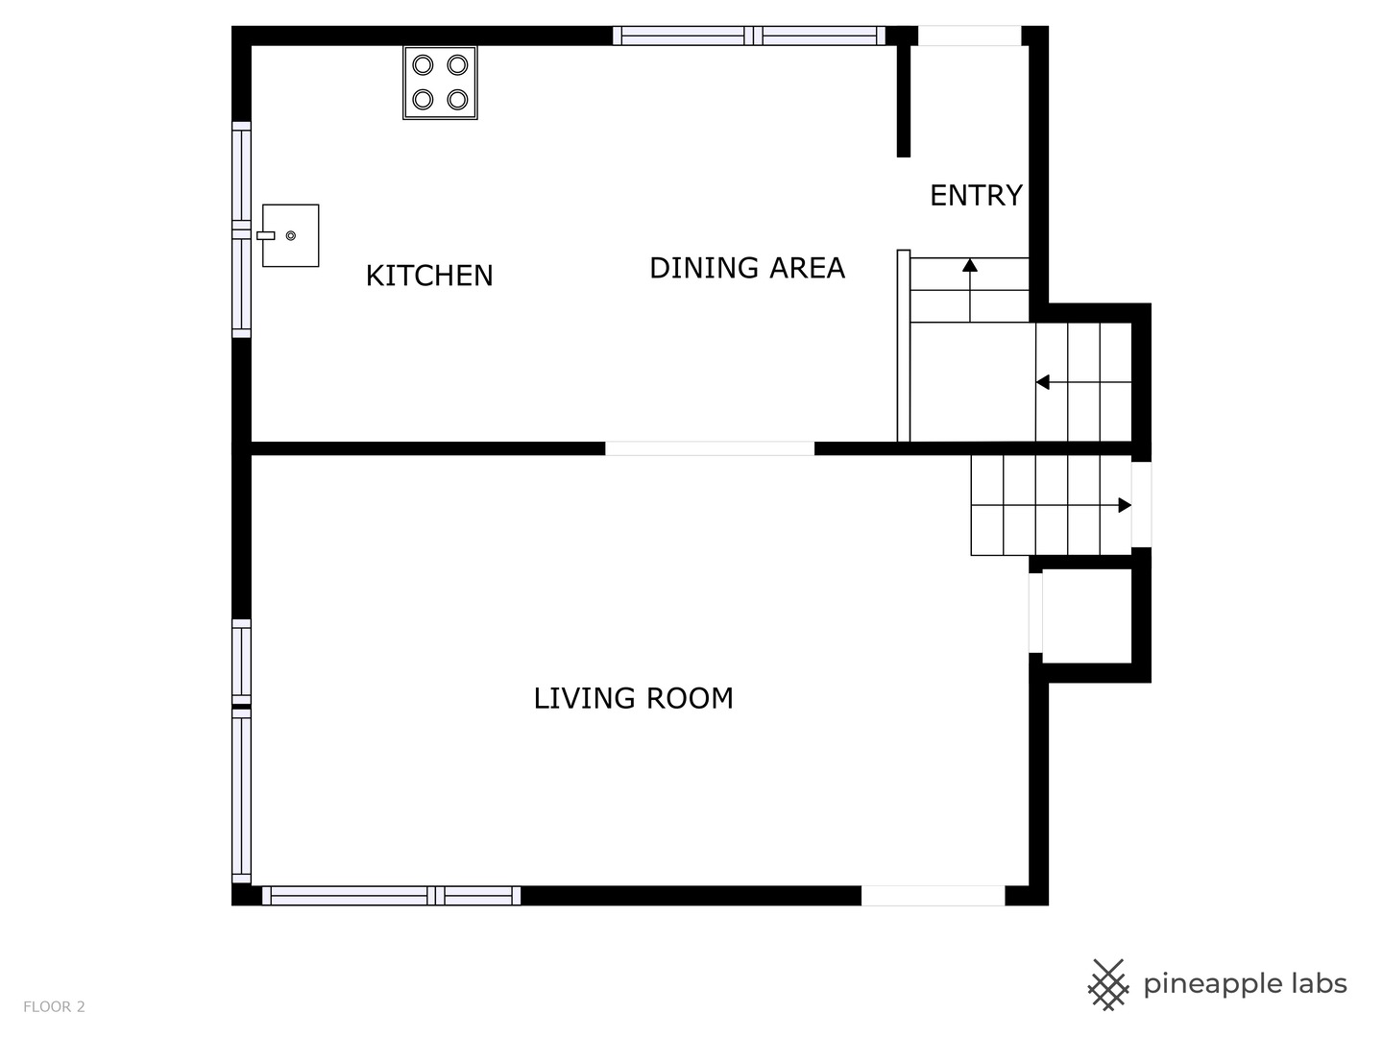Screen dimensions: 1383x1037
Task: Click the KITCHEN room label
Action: (429, 276)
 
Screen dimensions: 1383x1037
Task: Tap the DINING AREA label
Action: (746, 268)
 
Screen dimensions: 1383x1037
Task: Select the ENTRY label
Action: (976, 195)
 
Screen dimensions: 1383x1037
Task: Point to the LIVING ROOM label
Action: (633, 698)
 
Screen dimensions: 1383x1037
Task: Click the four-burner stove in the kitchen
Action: (441, 83)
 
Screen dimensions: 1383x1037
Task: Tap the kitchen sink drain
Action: (290, 235)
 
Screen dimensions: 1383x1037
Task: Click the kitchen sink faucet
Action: (266, 235)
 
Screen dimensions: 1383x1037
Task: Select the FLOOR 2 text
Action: (54, 1006)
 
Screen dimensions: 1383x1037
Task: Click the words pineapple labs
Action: (1245, 983)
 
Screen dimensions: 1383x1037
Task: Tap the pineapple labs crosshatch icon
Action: (1107, 985)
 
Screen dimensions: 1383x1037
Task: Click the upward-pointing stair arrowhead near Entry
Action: (970, 265)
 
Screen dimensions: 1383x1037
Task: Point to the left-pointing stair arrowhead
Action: (1043, 382)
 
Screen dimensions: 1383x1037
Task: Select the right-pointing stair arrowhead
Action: (1125, 505)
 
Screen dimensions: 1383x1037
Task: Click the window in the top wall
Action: (749, 36)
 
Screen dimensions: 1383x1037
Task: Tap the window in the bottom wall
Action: (391, 895)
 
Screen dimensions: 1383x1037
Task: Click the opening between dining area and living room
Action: (710, 448)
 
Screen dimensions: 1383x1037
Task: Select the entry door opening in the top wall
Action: (970, 36)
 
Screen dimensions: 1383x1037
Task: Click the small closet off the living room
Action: (1087, 615)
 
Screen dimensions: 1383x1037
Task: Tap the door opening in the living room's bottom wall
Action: (934, 895)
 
